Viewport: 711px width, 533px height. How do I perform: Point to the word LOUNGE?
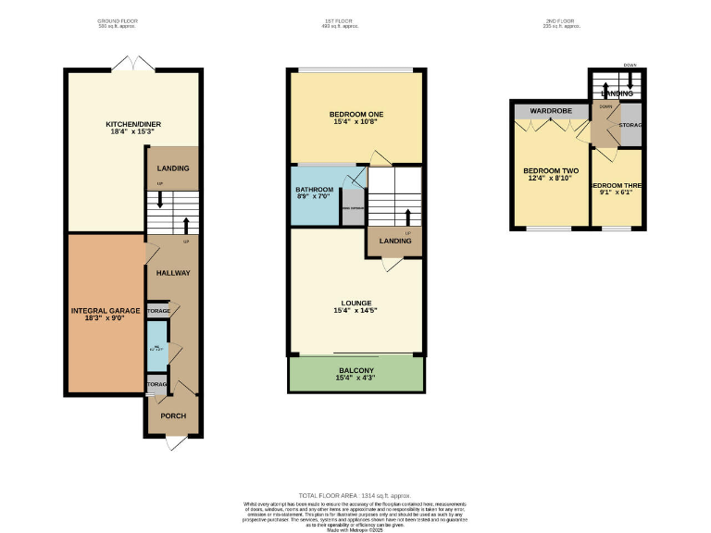pyautogui.click(x=355, y=303)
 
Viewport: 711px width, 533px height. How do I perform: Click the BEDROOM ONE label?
pyautogui.click(x=356, y=113)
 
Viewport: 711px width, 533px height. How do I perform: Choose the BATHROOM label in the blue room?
pyautogui.click(x=313, y=188)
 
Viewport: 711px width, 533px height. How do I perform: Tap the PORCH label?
pyautogui.click(x=172, y=415)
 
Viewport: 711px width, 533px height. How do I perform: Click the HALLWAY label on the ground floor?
pyautogui.click(x=172, y=273)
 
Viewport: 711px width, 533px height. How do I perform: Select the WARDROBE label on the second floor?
pyautogui.click(x=548, y=112)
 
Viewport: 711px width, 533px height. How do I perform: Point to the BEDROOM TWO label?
pyautogui.click(x=551, y=171)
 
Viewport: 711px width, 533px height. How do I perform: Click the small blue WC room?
pyautogui.click(x=157, y=348)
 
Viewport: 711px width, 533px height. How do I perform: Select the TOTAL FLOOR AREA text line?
pyautogui.click(x=355, y=497)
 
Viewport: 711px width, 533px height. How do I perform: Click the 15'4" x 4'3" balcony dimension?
pyautogui.click(x=355, y=378)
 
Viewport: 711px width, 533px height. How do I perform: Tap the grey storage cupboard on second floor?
pyautogui.click(x=631, y=125)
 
